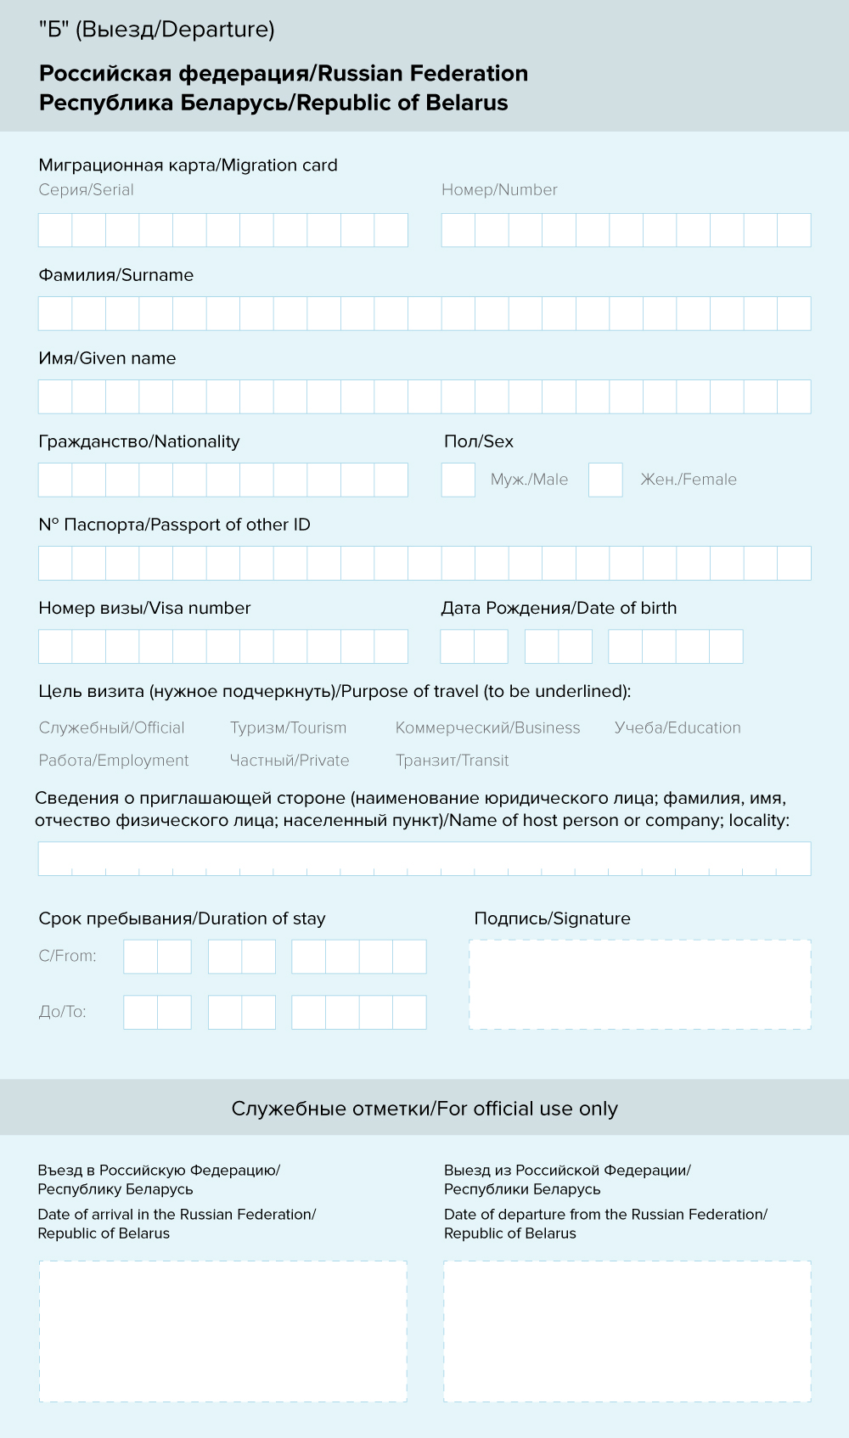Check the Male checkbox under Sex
458,480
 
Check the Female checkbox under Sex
605,480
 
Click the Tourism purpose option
288,727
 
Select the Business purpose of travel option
487,727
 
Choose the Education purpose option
678,727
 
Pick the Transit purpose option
452,761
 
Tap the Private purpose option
290,761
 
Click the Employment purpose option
114,761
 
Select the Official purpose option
111,727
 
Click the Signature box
640,985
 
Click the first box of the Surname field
55,313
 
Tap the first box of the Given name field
55,396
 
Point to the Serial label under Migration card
86,190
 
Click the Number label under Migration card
499,190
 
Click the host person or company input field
424,858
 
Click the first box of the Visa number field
55,646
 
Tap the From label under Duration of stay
67,956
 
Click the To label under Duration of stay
62,1012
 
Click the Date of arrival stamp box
222,1331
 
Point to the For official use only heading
424,1109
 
